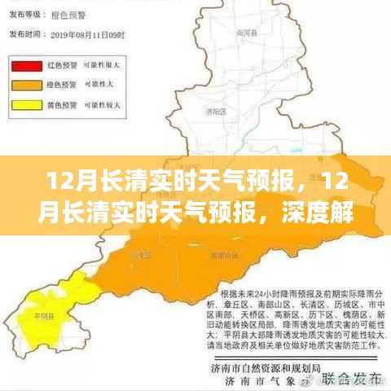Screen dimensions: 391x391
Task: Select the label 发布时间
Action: (23, 34)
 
